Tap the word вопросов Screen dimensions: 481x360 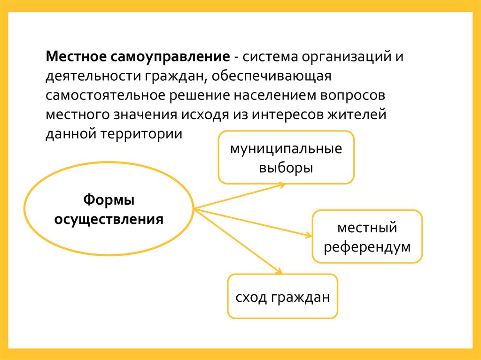pos(359,95)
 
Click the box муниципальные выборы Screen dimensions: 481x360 pos(286,157)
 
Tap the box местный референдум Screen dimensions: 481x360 pos(367,236)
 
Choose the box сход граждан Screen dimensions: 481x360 pos(282,297)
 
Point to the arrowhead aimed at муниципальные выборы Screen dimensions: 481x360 pos(282,184)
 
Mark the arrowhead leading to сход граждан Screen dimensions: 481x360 pos(278,270)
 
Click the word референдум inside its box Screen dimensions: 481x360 pos(367,246)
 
